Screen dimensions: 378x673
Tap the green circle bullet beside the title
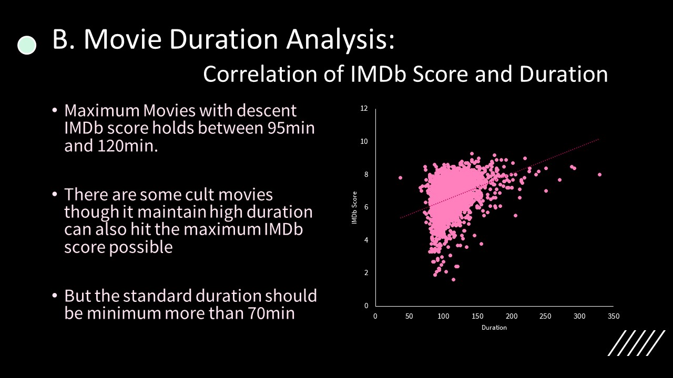pyautogui.click(x=27, y=45)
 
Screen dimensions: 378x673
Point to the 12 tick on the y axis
pyautogui.click(x=364, y=109)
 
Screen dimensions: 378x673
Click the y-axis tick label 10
pyautogui.click(x=364, y=142)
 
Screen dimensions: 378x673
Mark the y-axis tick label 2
pyautogui.click(x=365, y=273)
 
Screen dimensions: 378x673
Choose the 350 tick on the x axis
pyautogui.click(x=613, y=317)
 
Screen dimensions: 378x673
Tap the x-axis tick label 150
pyautogui.click(x=477, y=317)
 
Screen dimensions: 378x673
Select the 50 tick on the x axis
pyautogui.click(x=409, y=317)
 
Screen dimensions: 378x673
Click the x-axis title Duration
pyautogui.click(x=494, y=328)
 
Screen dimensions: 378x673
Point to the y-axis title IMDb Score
pyautogui.click(x=355, y=207)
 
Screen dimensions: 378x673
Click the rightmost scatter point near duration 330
pyautogui.click(x=599, y=175)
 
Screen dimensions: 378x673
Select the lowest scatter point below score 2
pyautogui.click(x=453, y=279)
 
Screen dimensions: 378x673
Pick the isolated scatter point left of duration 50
pyautogui.click(x=400, y=177)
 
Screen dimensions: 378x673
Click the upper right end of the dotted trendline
pyautogui.click(x=598, y=140)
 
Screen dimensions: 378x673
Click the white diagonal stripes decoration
pyautogui.click(x=636, y=343)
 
